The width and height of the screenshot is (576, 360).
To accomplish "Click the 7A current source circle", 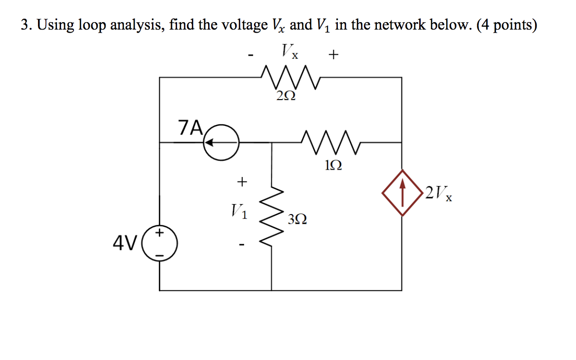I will coord(221,143).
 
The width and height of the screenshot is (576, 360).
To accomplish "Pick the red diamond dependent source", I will coord(403,192).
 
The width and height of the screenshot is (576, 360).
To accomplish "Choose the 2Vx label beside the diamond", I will coord(439,193).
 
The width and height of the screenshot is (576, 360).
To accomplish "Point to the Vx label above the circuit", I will coord(290,51).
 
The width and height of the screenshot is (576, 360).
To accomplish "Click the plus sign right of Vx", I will coord(334,55).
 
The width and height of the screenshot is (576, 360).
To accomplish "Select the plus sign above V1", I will coord(241,182).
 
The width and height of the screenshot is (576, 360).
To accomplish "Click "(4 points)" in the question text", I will coord(506,25).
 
